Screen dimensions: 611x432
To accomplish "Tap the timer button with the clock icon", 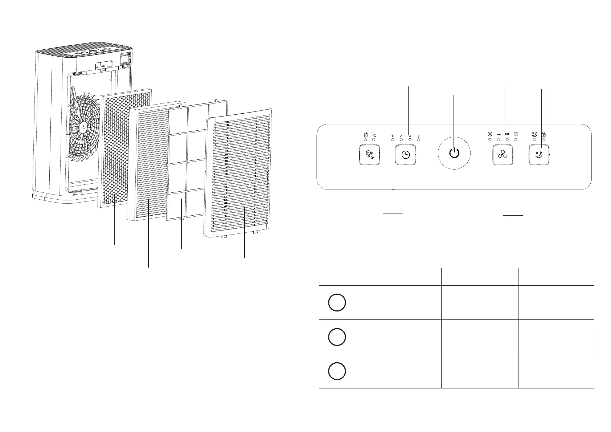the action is point(405,155).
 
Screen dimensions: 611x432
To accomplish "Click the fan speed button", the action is point(503,155).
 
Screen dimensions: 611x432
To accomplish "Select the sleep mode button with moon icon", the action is point(538,155).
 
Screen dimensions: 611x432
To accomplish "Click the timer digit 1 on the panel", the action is point(392,136).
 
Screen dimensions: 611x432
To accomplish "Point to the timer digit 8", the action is point(418,136).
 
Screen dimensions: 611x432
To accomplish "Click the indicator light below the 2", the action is point(401,140).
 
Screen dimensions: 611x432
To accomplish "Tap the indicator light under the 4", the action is point(410,140).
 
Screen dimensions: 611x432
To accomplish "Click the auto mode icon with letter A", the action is point(489,134).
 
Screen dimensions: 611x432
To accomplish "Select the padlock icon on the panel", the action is point(544,134).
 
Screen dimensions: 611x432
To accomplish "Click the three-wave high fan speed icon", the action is point(516,134).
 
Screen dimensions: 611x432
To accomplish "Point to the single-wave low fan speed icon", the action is point(499,134).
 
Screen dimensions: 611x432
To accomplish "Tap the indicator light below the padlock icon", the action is point(544,140).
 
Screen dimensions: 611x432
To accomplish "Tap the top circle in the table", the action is point(337,303).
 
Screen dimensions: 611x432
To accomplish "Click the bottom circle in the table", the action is point(337,371).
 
